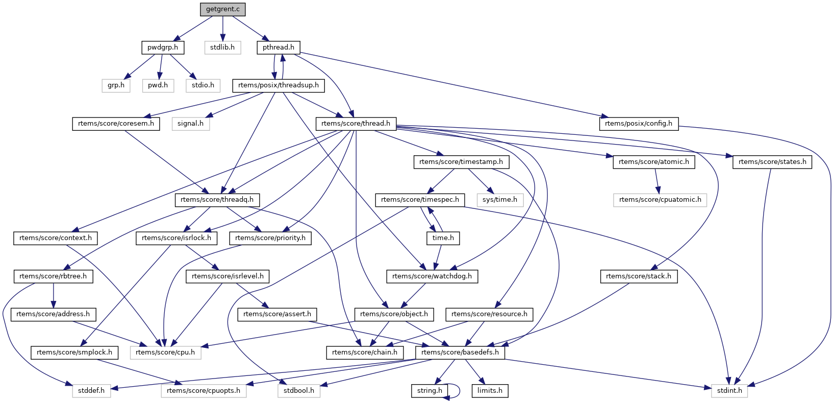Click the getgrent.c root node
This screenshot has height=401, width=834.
click(222, 9)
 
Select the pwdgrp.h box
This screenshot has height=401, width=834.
click(163, 48)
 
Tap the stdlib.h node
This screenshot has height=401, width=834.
click(222, 48)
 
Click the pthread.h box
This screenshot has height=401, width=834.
click(279, 48)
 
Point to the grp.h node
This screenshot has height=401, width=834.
click(116, 85)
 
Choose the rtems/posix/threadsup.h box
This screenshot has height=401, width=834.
click(279, 85)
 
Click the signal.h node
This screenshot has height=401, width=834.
click(191, 124)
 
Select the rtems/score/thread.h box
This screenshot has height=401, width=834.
click(356, 124)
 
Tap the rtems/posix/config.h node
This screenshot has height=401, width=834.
click(639, 124)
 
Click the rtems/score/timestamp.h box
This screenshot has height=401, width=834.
click(461, 162)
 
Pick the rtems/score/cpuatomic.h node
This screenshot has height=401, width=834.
click(660, 200)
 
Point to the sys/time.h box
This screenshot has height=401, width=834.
click(500, 200)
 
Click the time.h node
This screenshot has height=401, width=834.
click(443, 238)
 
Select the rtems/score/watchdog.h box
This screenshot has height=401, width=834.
click(432, 276)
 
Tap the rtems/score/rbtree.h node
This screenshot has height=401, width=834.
click(53, 276)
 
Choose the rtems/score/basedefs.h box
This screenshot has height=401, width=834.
click(460, 352)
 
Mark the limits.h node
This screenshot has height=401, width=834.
click(490, 391)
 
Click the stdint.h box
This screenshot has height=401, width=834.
click(729, 391)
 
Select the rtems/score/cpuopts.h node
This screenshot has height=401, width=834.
click(204, 391)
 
